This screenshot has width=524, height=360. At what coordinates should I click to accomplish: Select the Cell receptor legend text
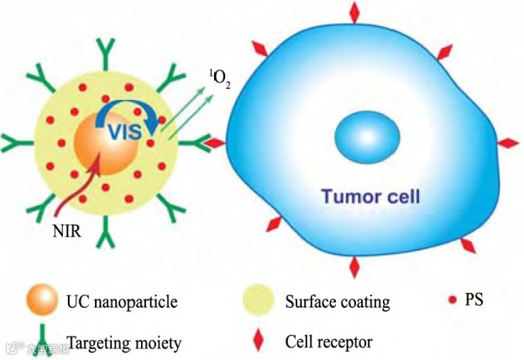point(328,342)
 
